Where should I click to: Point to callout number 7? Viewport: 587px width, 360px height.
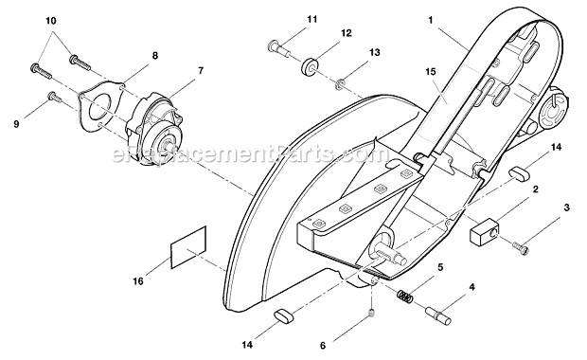(x=201, y=70)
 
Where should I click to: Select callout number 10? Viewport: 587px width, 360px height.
(x=50, y=20)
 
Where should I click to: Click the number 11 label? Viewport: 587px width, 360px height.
(x=285, y=18)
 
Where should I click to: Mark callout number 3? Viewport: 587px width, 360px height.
(x=566, y=207)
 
